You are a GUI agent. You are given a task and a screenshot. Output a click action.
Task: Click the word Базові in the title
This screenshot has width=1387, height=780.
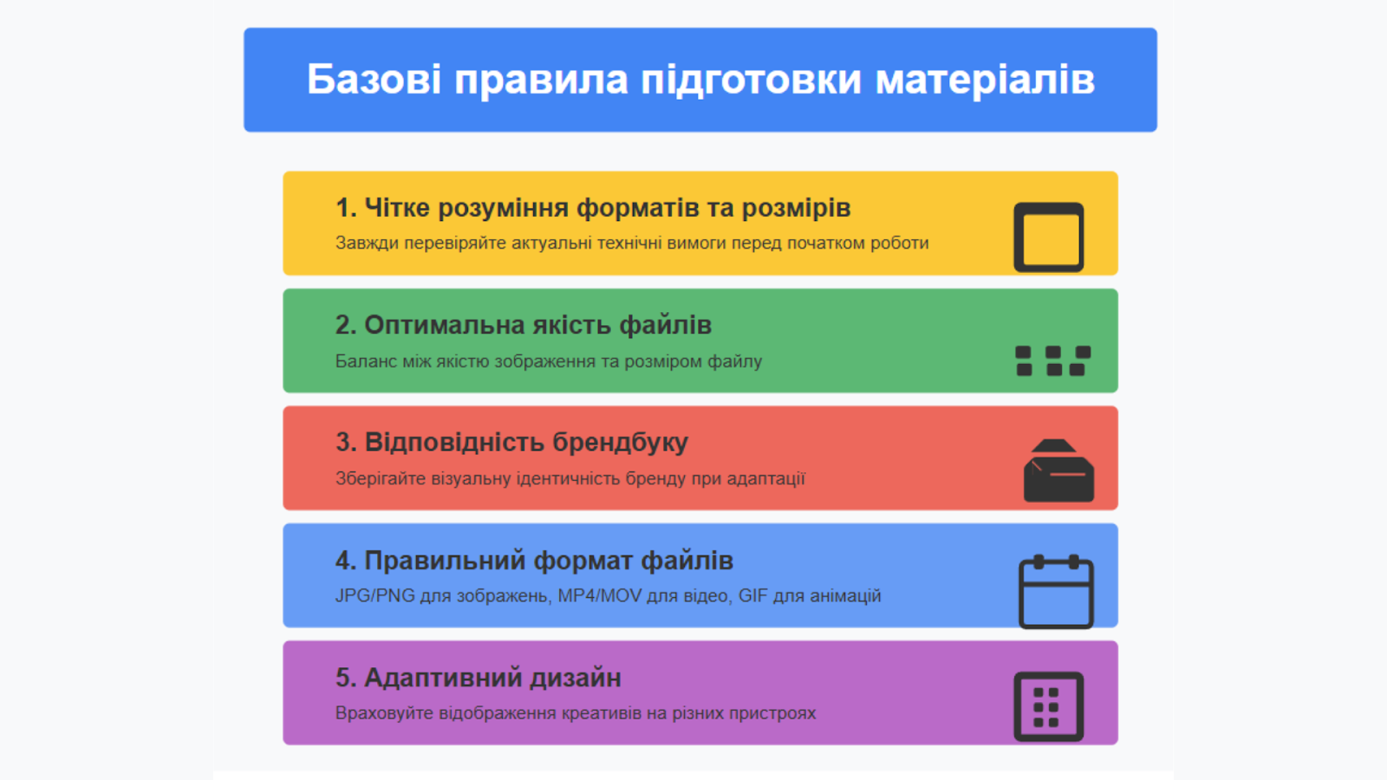click(x=374, y=79)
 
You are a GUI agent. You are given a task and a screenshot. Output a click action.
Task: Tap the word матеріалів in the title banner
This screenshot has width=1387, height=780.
click(x=985, y=81)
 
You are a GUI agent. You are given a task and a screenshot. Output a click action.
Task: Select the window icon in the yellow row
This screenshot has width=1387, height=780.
click(x=1048, y=237)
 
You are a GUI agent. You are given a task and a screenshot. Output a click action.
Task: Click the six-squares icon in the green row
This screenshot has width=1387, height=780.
click(x=1052, y=361)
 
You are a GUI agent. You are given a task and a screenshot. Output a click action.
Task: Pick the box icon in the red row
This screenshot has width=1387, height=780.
click(x=1058, y=471)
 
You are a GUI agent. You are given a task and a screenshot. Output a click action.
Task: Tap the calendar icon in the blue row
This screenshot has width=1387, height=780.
click(x=1056, y=592)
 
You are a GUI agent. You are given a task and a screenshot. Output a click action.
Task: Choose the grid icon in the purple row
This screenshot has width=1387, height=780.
click(x=1048, y=706)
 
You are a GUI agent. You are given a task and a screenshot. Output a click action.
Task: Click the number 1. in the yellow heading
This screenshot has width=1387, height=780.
click(x=346, y=208)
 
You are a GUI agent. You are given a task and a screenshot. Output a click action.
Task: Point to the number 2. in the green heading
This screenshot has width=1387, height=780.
click(x=346, y=325)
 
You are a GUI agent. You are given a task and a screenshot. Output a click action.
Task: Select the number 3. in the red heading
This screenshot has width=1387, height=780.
click(x=346, y=442)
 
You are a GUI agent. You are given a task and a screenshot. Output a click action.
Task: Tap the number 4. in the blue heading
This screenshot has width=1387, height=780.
click(x=346, y=560)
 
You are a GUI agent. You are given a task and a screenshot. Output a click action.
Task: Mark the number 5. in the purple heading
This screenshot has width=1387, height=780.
click(x=346, y=678)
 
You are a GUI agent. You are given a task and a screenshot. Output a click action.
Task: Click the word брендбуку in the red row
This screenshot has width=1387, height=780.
click(x=620, y=443)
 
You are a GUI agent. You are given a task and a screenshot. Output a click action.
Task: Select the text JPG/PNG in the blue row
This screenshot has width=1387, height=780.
click(x=374, y=595)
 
